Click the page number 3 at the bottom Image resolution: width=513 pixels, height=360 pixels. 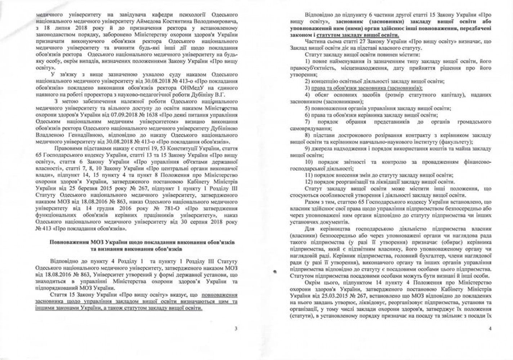click(236, 328)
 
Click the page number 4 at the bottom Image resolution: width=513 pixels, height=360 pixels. click(490, 328)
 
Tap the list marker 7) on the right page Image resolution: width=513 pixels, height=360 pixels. click(307, 122)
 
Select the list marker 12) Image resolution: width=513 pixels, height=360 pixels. click(308, 181)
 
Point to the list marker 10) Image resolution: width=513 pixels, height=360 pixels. click(308, 162)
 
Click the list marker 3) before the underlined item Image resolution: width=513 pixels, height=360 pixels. click(307, 88)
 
